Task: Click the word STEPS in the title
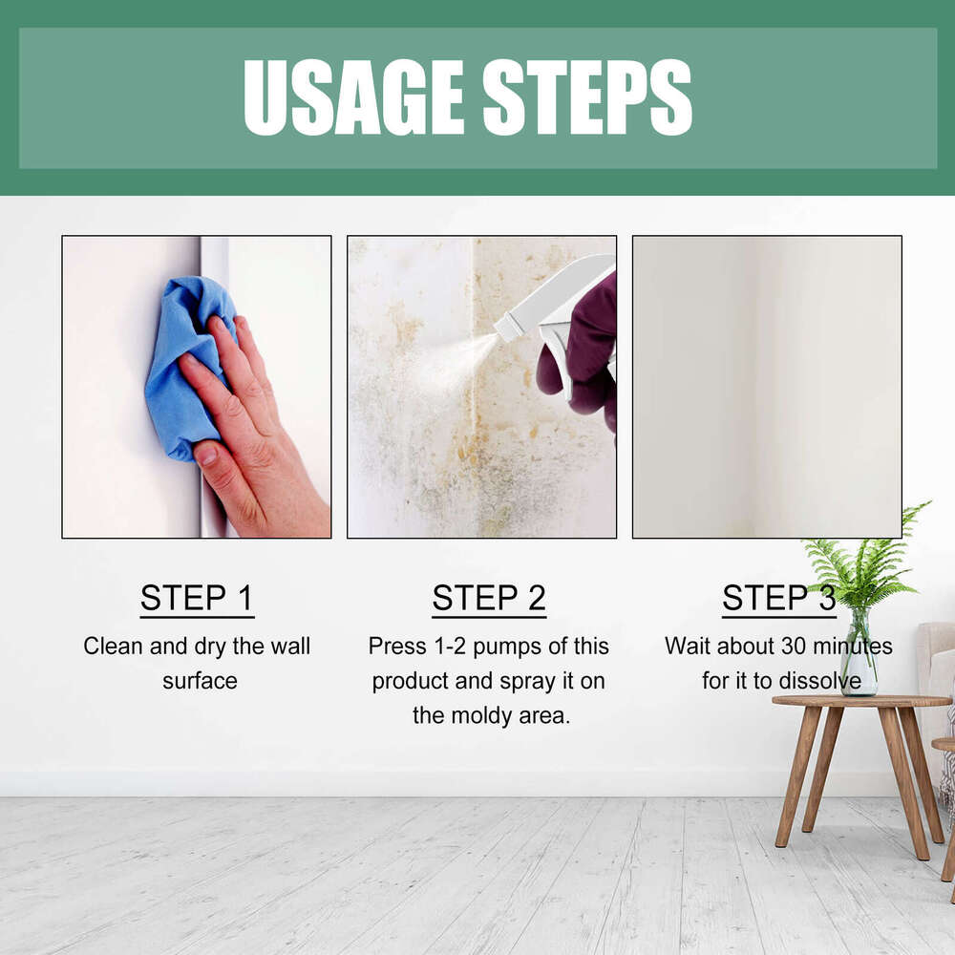587,96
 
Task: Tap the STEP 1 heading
197,598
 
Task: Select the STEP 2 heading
489,598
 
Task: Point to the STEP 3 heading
778,598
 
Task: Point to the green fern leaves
864,563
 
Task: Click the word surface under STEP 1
200,681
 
